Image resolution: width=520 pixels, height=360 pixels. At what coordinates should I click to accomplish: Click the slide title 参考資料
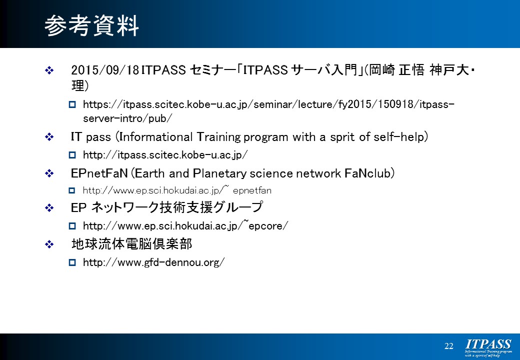(91, 25)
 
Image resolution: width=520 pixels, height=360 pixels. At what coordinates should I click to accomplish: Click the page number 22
(448, 346)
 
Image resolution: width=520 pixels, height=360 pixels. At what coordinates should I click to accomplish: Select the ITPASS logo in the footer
(488, 347)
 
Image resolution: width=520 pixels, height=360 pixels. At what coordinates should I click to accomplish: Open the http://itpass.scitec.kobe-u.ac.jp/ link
(165, 155)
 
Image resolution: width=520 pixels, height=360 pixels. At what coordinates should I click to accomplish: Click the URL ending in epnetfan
(177, 190)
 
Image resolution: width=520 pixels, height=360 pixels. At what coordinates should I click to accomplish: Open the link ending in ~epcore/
(185, 225)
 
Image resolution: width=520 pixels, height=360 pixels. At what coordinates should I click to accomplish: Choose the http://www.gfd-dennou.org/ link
(154, 262)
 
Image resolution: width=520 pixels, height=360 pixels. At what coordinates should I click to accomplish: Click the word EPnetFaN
(99, 173)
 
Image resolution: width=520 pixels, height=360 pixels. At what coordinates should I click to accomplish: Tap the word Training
(218, 137)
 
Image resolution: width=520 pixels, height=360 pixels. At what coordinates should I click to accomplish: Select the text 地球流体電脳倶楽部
(131, 244)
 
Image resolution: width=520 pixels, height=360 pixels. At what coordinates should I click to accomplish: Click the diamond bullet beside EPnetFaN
(49, 173)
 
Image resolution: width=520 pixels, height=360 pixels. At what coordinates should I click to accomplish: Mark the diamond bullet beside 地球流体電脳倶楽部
(49, 244)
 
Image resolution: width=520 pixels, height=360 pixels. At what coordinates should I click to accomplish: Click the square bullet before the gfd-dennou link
(72, 262)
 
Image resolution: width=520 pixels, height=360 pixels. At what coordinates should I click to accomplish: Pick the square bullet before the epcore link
(72, 226)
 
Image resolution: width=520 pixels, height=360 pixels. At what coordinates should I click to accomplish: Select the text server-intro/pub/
(127, 118)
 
